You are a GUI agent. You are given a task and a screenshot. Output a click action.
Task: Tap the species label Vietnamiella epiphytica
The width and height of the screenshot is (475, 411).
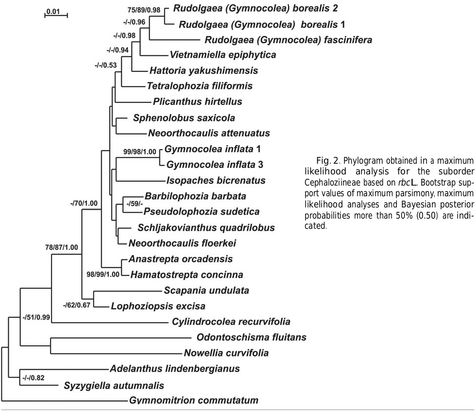coord(223,55)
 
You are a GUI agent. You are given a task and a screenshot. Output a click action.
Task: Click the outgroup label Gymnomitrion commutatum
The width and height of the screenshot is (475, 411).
coord(194,401)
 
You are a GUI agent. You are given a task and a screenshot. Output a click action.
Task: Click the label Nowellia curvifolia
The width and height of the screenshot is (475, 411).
coord(226,353)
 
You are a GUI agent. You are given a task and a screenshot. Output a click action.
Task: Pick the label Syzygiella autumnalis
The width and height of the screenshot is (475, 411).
coord(114,386)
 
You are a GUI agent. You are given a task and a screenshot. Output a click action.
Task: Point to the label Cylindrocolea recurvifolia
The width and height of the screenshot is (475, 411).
coord(231,322)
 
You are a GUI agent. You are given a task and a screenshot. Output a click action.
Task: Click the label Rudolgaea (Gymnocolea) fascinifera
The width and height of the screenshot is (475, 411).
coord(288,40)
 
